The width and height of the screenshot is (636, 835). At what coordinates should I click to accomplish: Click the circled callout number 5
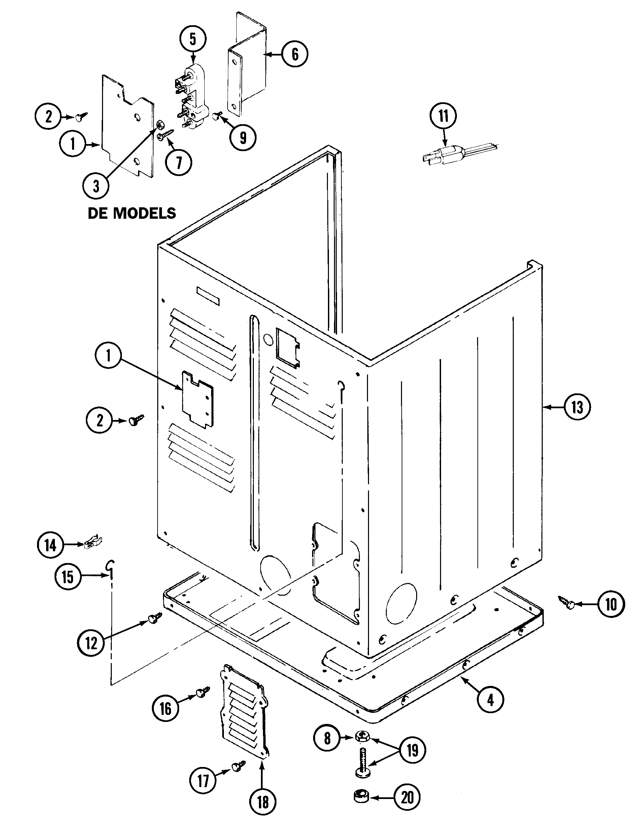193,39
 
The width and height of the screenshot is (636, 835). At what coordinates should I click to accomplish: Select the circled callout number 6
295,54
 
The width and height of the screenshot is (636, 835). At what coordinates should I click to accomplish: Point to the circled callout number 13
577,408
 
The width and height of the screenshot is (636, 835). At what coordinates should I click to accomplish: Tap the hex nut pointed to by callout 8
362,736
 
